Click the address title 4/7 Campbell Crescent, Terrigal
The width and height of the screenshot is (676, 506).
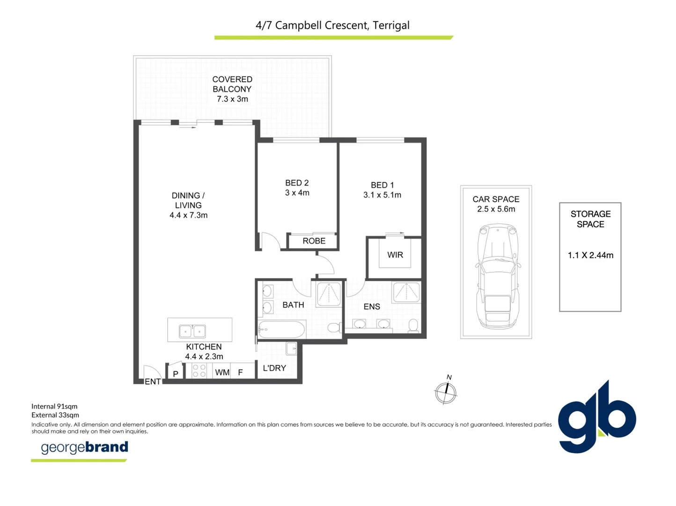point(332,25)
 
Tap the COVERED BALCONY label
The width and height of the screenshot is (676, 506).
point(232,84)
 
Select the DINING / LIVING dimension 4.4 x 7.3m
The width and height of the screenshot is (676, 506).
point(188,215)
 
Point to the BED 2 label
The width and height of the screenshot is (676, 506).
point(297,183)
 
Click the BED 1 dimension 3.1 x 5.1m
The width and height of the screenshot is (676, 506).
point(382,195)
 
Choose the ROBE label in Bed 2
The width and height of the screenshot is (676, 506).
point(314,241)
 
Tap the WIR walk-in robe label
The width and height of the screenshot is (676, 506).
point(395,255)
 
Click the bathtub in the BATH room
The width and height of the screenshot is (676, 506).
point(281,329)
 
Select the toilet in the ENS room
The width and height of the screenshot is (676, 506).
point(413,325)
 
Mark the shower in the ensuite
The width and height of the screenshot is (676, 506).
point(406,292)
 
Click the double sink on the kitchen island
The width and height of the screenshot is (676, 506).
point(192,331)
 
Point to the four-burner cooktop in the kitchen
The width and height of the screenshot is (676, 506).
point(199,371)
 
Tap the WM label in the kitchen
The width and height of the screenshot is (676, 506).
point(222,372)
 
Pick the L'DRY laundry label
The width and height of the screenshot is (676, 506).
point(274,368)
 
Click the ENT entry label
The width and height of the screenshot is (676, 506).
point(153,381)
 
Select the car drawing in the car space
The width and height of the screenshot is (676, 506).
point(498,276)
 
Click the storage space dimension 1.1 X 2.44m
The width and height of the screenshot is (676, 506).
point(590,255)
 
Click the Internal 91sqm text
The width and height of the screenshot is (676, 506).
point(54,406)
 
